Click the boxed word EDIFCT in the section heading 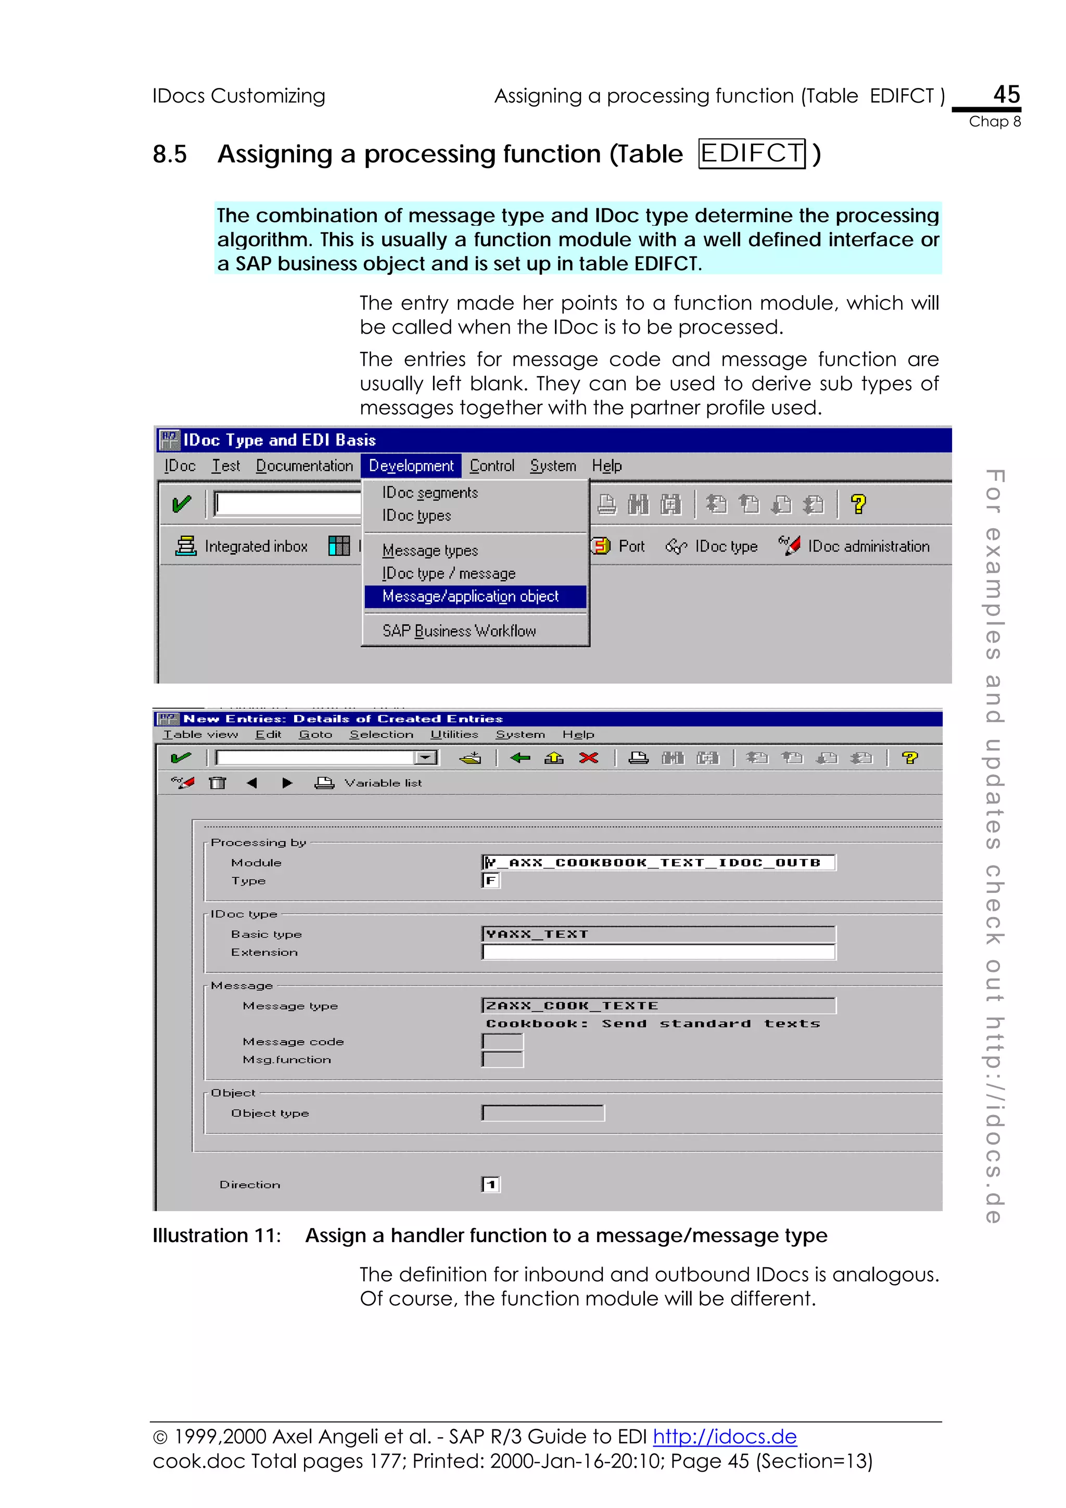pyautogui.click(x=752, y=154)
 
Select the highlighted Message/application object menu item pyautogui.click(x=470, y=596)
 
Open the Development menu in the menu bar pyautogui.click(x=411, y=466)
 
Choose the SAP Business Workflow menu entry pyautogui.click(x=459, y=631)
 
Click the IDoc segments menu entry pyautogui.click(x=430, y=493)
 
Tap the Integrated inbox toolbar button pyautogui.click(x=242, y=546)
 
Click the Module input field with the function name pyautogui.click(x=658, y=862)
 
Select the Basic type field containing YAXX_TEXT pyautogui.click(x=658, y=934)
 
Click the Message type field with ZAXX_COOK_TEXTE pyautogui.click(x=658, y=1005)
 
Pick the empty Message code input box pyautogui.click(x=502, y=1042)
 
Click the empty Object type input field pyautogui.click(x=542, y=1113)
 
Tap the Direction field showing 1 pyautogui.click(x=491, y=1184)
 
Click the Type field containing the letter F pyautogui.click(x=491, y=881)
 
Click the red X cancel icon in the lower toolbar pyautogui.click(x=589, y=758)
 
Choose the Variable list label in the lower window pyautogui.click(x=383, y=783)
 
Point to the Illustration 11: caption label pyautogui.click(x=217, y=1235)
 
